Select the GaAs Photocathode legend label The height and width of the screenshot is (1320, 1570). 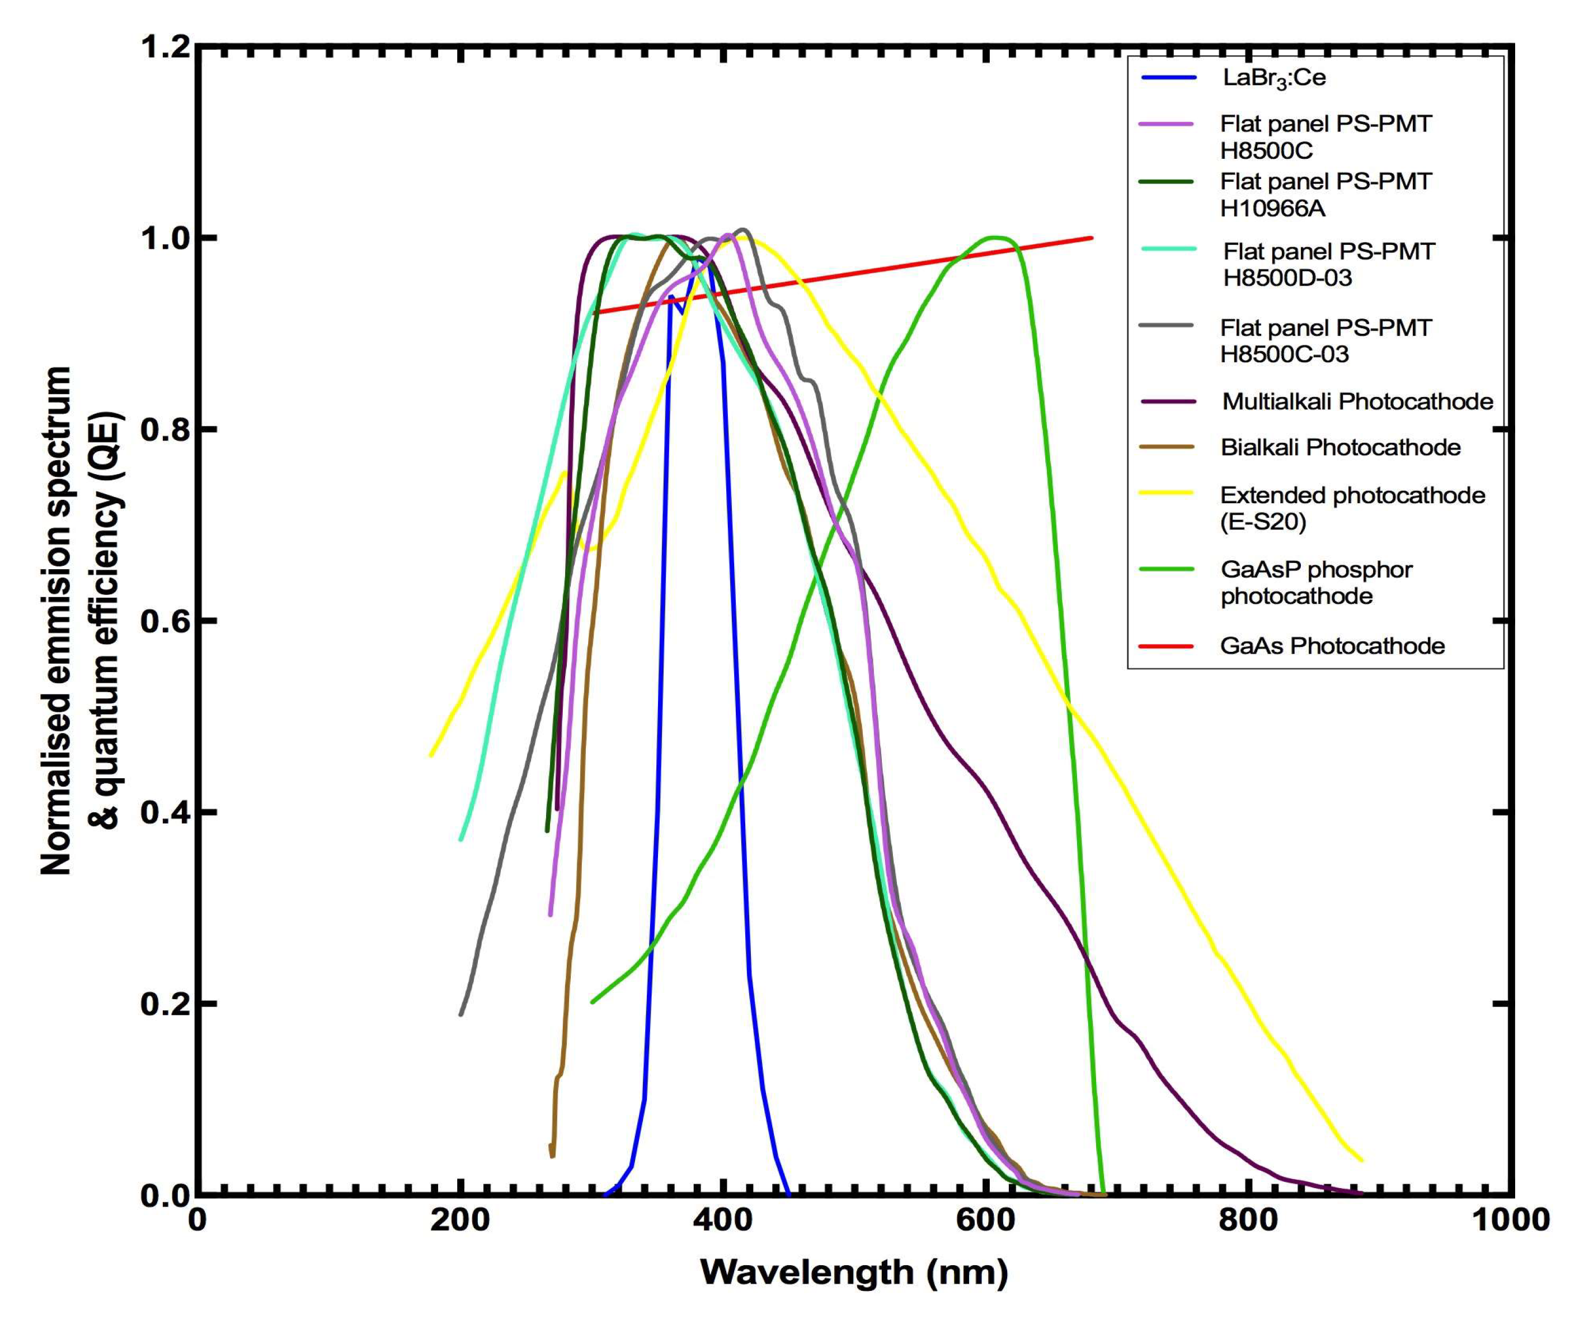[1332, 646]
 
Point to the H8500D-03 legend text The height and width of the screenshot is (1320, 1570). [1287, 278]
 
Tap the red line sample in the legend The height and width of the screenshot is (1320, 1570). [1165, 646]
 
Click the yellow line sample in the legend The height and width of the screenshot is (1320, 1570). [1165, 493]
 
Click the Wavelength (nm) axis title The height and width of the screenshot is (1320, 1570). [853, 1272]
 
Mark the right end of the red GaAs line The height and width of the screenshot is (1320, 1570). [1092, 238]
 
